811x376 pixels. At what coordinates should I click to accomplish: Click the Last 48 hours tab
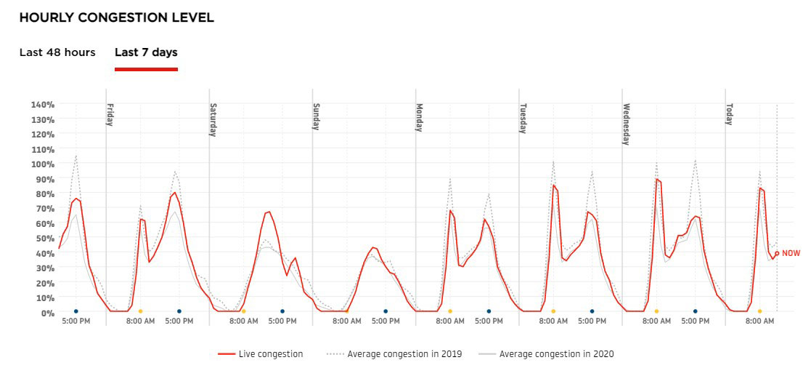pyautogui.click(x=57, y=52)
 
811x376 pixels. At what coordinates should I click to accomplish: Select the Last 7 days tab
pyautogui.click(x=146, y=52)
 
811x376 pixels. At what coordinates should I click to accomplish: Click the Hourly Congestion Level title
pyautogui.click(x=117, y=17)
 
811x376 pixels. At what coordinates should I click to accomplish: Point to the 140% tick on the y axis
pyautogui.click(x=42, y=104)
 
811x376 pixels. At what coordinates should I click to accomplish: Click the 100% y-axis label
pyautogui.click(x=42, y=164)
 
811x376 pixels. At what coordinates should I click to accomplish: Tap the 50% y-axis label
pyautogui.click(x=45, y=238)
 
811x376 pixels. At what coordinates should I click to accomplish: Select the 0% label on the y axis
pyautogui.click(x=47, y=312)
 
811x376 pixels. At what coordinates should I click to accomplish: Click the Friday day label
pyautogui.click(x=110, y=114)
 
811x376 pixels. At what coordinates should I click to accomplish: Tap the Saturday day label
pyautogui.click(x=213, y=119)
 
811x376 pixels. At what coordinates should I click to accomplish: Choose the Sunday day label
pyautogui.click(x=317, y=116)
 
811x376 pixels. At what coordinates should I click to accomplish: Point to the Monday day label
pyautogui.click(x=420, y=117)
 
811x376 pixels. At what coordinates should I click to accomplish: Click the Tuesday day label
pyautogui.click(x=523, y=118)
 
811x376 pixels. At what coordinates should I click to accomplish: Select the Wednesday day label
pyautogui.click(x=626, y=124)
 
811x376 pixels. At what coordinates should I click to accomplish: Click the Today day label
pyautogui.click(x=729, y=114)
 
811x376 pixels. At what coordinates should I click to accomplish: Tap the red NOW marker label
pyautogui.click(x=790, y=253)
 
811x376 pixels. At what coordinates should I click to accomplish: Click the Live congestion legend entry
pyautogui.click(x=261, y=354)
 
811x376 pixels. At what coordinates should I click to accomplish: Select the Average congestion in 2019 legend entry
pyautogui.click(x=396, y=354)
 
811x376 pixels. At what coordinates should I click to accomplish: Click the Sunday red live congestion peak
pyautogui.click(x=373, y=247)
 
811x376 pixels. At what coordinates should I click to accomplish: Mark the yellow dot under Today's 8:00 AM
pyautogui.click(x=759, y=311)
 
